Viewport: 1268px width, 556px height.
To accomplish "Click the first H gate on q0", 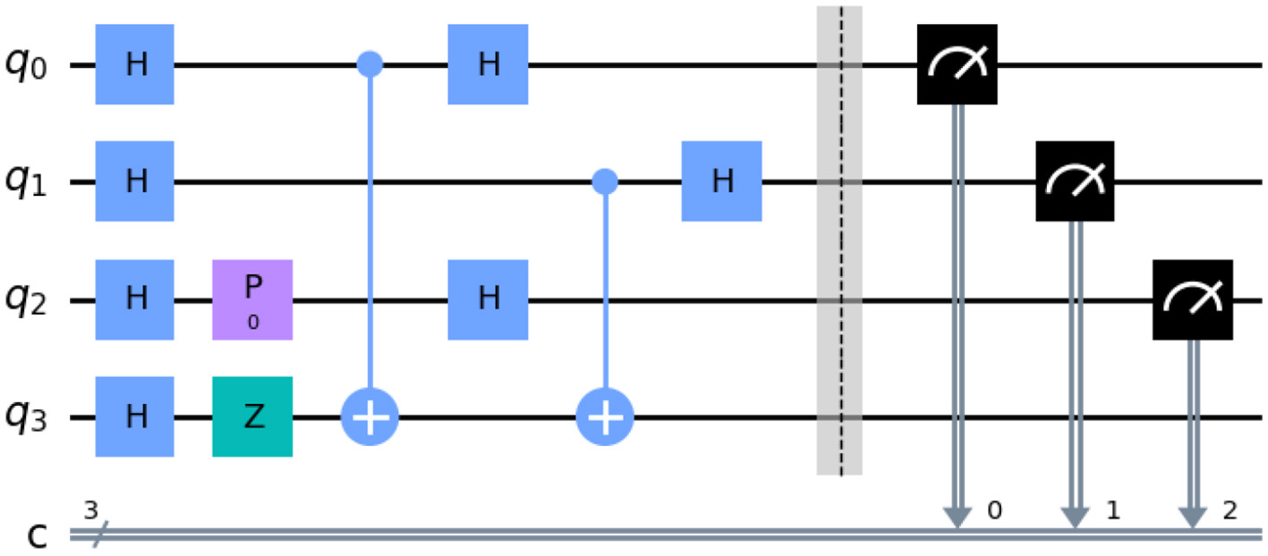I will click(134, 65).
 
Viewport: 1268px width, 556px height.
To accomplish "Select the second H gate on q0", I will click(488, 65).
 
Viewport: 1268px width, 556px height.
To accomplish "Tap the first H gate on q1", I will click(134, 181).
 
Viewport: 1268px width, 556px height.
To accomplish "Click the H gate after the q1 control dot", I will click(721, 181).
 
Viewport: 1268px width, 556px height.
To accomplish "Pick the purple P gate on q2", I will click(252, 299).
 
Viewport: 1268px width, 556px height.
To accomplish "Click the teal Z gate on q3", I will click(252, 417).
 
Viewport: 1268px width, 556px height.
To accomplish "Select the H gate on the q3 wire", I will click(134, 417).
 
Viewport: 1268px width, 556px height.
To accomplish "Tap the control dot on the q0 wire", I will click(370, 64).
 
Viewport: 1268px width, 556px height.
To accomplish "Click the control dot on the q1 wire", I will click(606, 182).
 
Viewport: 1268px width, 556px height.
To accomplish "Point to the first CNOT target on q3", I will click(370, 417).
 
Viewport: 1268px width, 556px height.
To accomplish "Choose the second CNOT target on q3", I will click(606, 417).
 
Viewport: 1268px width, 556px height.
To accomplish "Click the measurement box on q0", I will click(957, 64).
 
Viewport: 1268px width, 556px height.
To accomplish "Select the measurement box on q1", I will click(1075, 181).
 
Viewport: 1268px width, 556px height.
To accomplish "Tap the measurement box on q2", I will click(1192, 299).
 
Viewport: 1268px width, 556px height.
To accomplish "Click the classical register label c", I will click(34, 535).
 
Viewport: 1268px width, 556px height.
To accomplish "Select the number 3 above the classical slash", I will click(89, 511).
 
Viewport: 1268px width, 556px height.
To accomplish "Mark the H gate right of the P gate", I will click(488, 299).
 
